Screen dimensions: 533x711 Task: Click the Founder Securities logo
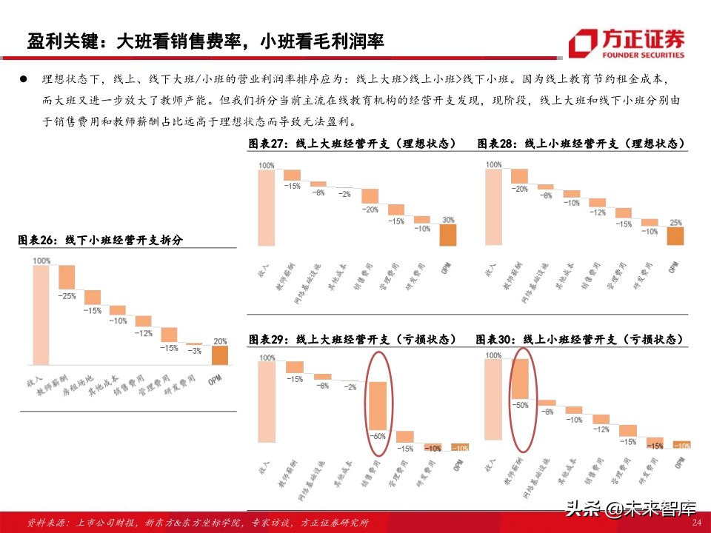(627, 42)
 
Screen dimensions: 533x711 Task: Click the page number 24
(695, 523)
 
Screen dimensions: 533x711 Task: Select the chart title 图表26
(100, 240)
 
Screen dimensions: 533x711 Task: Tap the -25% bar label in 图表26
(68, 296)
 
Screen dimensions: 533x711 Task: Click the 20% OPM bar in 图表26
(218, 355)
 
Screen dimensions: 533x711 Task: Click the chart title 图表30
(580, 339)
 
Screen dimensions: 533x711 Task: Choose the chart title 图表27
(353, 143)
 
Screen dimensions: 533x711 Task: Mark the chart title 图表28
(580, 143)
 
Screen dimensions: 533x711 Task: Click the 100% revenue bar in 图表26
(41, 315)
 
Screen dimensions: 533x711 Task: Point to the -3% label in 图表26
(195, 351)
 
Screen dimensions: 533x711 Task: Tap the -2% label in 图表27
(344, 193)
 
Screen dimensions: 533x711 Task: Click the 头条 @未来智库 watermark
(631, 509)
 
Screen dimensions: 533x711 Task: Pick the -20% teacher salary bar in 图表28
(519, 176)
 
